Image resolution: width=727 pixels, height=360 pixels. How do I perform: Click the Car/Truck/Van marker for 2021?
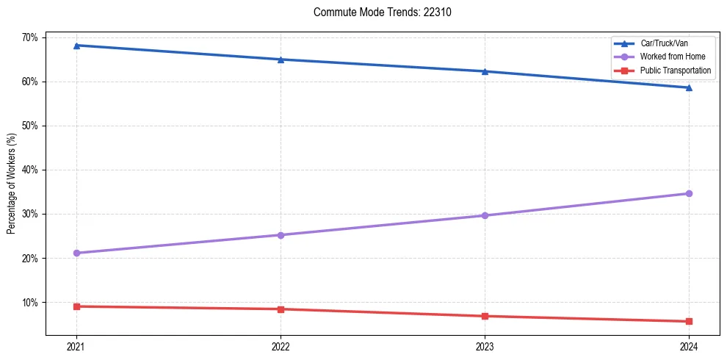[76, 46]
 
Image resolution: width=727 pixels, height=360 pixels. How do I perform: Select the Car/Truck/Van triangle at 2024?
[689, 87]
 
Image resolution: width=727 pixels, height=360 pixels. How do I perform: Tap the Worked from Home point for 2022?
[281, 235]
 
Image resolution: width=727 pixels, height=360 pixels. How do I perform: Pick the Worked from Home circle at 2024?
[689, 193]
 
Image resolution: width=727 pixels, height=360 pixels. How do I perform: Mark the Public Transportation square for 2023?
[485, 316]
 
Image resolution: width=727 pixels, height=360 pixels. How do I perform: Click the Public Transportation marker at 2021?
[76, 306]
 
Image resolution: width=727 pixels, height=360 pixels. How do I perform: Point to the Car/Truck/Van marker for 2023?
[485, 71]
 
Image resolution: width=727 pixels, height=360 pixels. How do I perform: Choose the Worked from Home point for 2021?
[76, 253]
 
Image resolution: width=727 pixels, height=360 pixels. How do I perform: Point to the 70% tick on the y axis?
[32, 37]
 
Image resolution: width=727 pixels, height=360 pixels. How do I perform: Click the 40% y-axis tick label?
[32, 170]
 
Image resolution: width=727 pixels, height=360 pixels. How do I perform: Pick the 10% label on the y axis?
[32, 303]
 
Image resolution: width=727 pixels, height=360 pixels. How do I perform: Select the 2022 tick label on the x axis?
[281, 347]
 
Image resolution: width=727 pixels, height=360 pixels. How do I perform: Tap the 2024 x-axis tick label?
[689, 347]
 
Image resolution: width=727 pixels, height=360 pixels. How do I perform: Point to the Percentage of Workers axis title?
[12, 184]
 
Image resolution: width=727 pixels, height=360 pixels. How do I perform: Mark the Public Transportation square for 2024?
[689, 321]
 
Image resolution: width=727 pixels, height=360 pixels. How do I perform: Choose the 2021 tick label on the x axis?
[76, 347]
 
